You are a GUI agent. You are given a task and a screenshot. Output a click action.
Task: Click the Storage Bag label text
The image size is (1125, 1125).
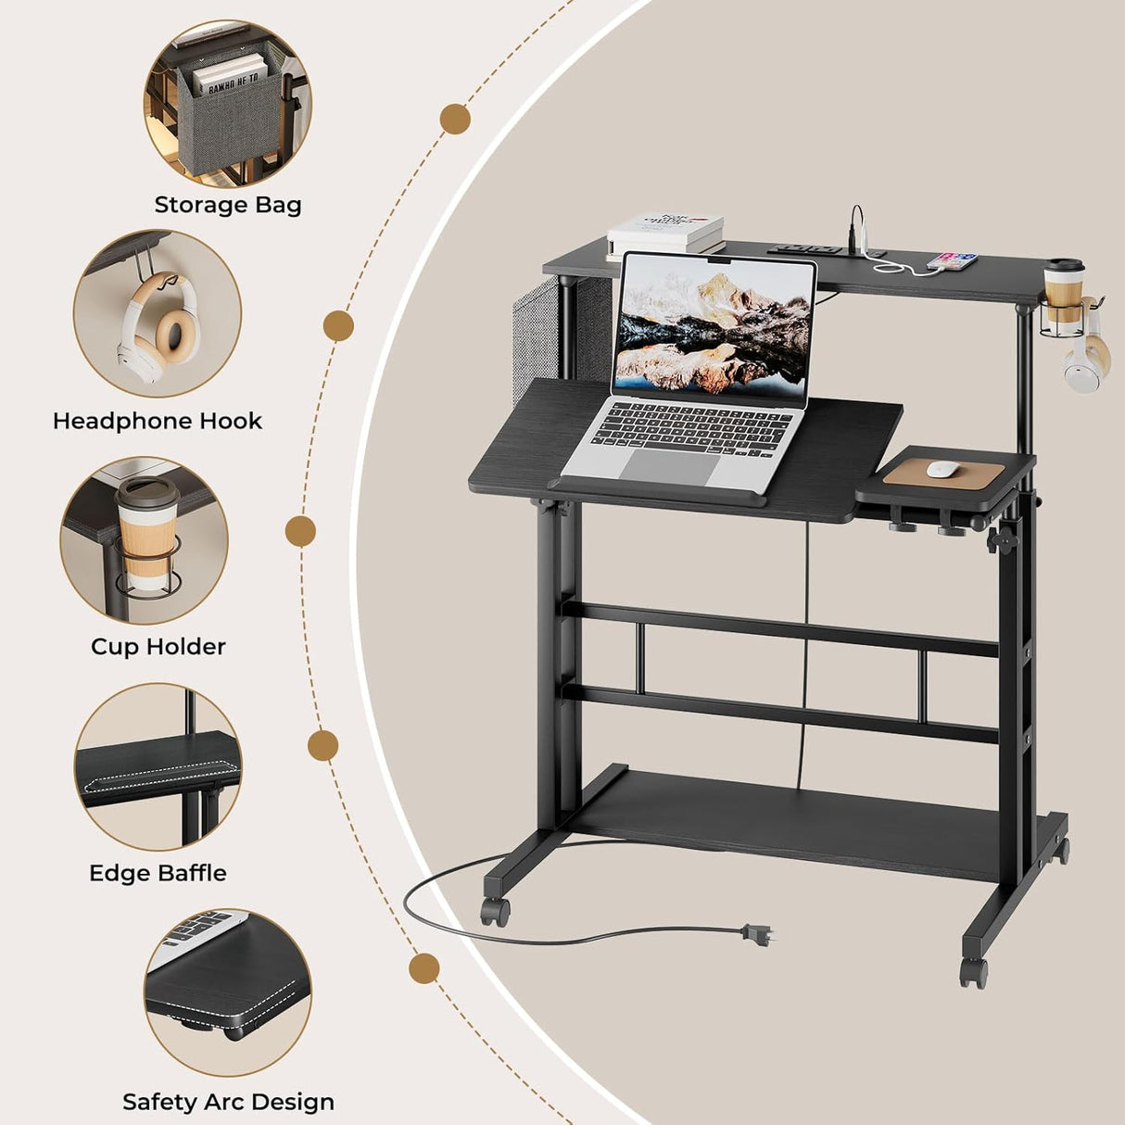(228, 205)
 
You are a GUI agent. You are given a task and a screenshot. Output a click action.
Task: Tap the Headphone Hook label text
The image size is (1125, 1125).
(158, 421)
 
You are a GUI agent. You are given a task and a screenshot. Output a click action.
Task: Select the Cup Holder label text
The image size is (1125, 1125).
(158, 646)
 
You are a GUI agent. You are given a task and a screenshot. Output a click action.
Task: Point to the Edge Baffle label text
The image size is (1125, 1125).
(158, 873)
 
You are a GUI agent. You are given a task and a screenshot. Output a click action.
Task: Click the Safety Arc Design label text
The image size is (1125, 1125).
(228, 1102)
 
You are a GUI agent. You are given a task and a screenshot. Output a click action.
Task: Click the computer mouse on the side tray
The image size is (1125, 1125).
(943, 469)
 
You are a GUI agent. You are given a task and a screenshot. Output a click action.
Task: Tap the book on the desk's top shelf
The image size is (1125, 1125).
(665, 233)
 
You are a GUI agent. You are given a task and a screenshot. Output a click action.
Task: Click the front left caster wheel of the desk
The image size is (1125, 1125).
(496, 911)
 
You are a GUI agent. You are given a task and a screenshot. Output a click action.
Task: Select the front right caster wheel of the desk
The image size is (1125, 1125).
(973, 971)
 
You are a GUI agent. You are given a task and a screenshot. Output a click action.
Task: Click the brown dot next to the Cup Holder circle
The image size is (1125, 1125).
(300, 532)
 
